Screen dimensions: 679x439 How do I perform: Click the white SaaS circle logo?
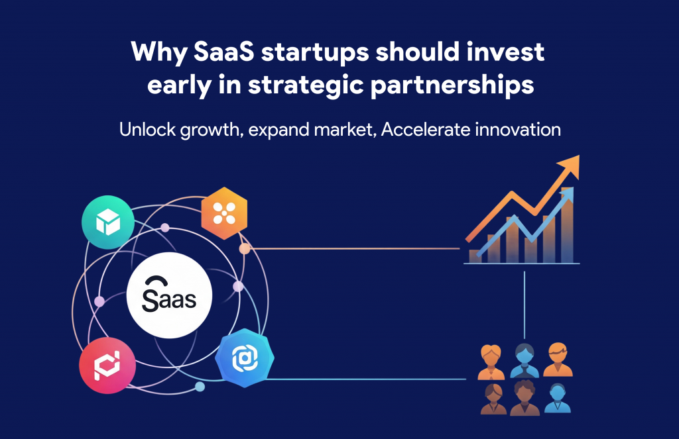pyautogui.click(x=169, y=295)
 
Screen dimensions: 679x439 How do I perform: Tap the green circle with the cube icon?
pyautogui.click(x=108, y=222)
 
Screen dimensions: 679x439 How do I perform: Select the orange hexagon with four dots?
pyautogui.click(x=224, y=213)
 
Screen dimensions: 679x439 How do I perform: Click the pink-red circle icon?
pyautogui.click(x=107, y=366)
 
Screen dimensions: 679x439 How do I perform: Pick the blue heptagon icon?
pyautogui.click(x=245, y=358)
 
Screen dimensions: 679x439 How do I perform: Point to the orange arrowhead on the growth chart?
pyautogui.click(x=570, y=166)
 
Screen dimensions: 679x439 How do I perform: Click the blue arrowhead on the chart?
pyautogui.click(x=567, y=194)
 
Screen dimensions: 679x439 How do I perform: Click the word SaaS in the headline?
pyautogui.click(x=223, y=52)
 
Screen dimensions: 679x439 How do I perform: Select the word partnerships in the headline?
pyautogui.click(x=452, y=85)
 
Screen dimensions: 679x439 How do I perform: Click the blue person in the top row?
pyautogui.click(x=525, y=361)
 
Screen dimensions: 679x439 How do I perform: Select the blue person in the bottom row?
pyautogui.click(x=557, y=399)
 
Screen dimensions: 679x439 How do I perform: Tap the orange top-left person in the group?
pyautogui.click(x=491, y=362)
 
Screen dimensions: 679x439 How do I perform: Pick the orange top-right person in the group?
pyautogui.click(x=558, y=360)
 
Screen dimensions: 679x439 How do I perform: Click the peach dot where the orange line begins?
pyautogui.click(x=245, y=249)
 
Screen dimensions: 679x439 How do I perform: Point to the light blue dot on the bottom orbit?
pyautogui.click(x=200, y=387)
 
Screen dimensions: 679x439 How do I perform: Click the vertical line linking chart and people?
pyautogui.click(x=525, y=305)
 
